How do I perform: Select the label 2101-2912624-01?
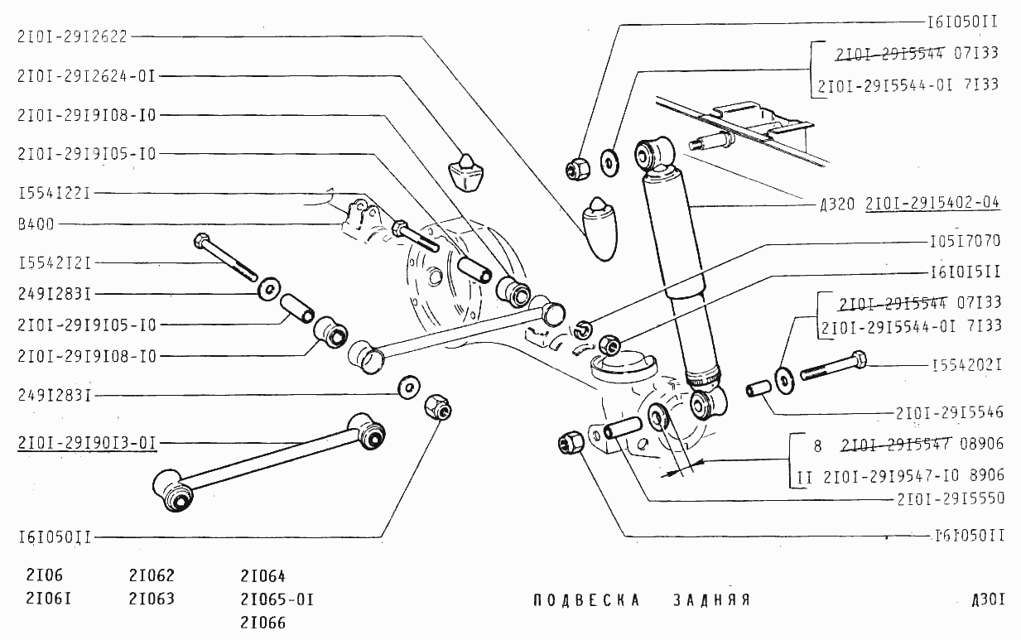[x=86, y=75]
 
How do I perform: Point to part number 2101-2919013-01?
[x=86, y=441]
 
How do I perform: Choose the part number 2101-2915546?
[x=949, y=411]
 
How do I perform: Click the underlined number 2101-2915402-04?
[x=932, y=203]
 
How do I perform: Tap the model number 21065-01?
[x=277, y=599]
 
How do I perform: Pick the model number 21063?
[x=152, y=599]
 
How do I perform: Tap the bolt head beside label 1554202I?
[x=858, y=362]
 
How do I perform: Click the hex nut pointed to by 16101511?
[x=610, y=343]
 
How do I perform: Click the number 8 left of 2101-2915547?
[x=817, y=445]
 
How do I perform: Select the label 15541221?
[x=54, y=193]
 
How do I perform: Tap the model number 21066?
[x=262, y=622]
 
